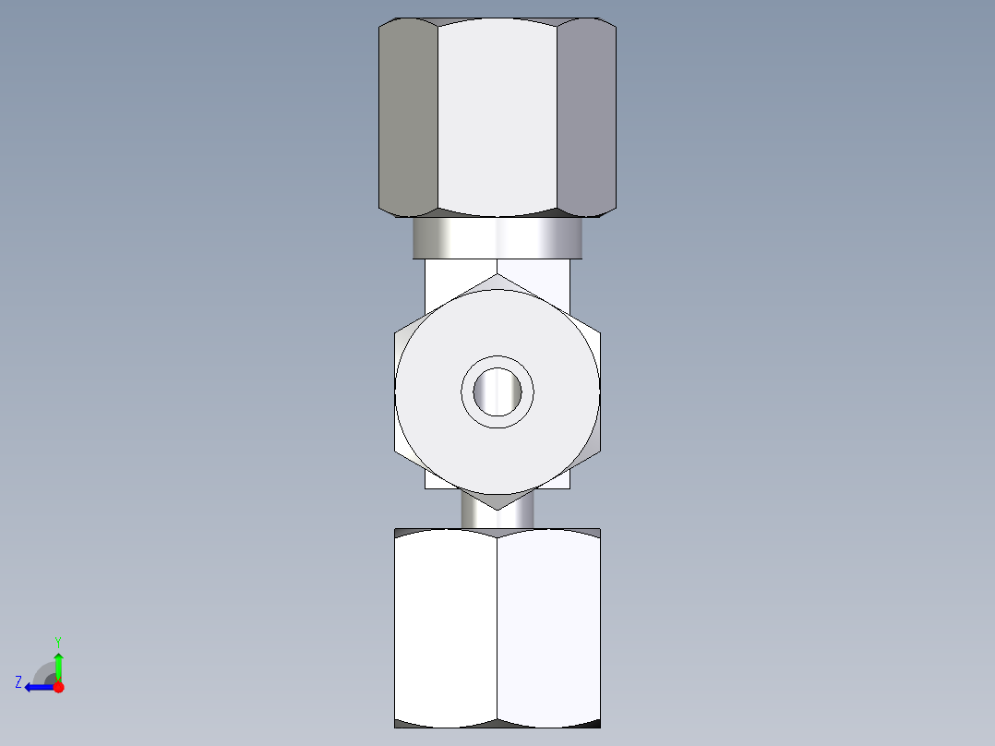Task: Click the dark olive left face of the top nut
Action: pyautogui.click(x=409, y=117)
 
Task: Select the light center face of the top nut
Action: pyautogui.click(x=497, y=117)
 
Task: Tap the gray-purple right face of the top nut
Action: pyautogui.click(x=586, y=117)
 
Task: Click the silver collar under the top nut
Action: pyautogui.click(x=497, y=239)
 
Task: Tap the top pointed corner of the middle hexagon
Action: pyautogui.click(x=497, y=274)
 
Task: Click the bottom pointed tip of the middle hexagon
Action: pyautogui.click(x=497, y=509)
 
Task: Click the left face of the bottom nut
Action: pyautogui.click(x=446, y=628)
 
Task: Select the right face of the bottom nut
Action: pyautogui.click(x=549, y=628)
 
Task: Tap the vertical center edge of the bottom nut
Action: pyautogui.click(x=497, y=628)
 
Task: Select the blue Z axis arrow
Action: pyautogui.click(x=35, y=686)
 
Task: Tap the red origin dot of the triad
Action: pyautogui.click(x=59, y=687)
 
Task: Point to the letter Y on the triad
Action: pyautogui.click(x=58, y=641)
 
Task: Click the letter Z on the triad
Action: pyautogui.click(x=18, y=682)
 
